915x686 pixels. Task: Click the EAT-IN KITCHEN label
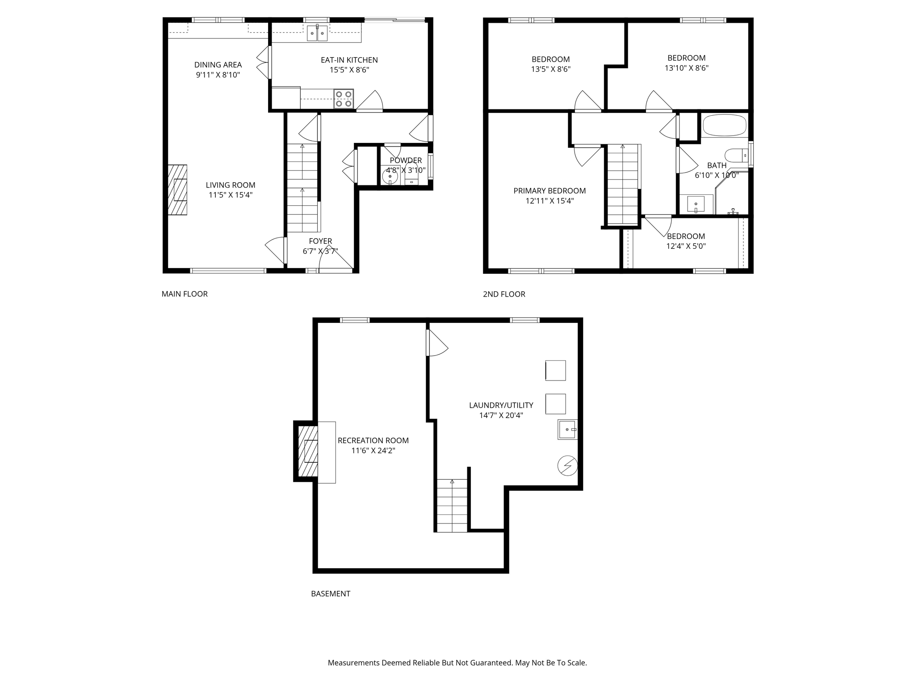(x=349, y=60)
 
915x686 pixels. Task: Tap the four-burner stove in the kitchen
(x=344, y=99)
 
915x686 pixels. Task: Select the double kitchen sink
(x=317, y=33)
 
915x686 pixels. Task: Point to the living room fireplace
(x=177, y=190)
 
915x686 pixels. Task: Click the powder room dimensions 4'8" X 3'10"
(x=405, y=170)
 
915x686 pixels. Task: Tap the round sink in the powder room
(x=390, y=177)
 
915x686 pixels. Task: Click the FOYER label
(x=320, y=241)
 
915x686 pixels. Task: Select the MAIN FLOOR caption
(x=185, y=294)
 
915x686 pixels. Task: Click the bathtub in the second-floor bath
(x=724, y=125)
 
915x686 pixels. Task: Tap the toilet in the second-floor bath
(x=735, y=155)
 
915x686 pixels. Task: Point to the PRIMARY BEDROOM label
(x=549, y=191)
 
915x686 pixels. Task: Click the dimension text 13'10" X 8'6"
(x=686, y=68)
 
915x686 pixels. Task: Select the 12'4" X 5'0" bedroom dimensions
(x=686, y=246)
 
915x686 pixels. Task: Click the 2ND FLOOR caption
(x=504, y=294)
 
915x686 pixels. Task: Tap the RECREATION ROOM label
(x=373, y=440)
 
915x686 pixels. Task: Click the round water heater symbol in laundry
(x=567, y=466)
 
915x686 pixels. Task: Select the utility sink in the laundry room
(x=567, y=429)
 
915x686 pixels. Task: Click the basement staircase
(x=452, y=506)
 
